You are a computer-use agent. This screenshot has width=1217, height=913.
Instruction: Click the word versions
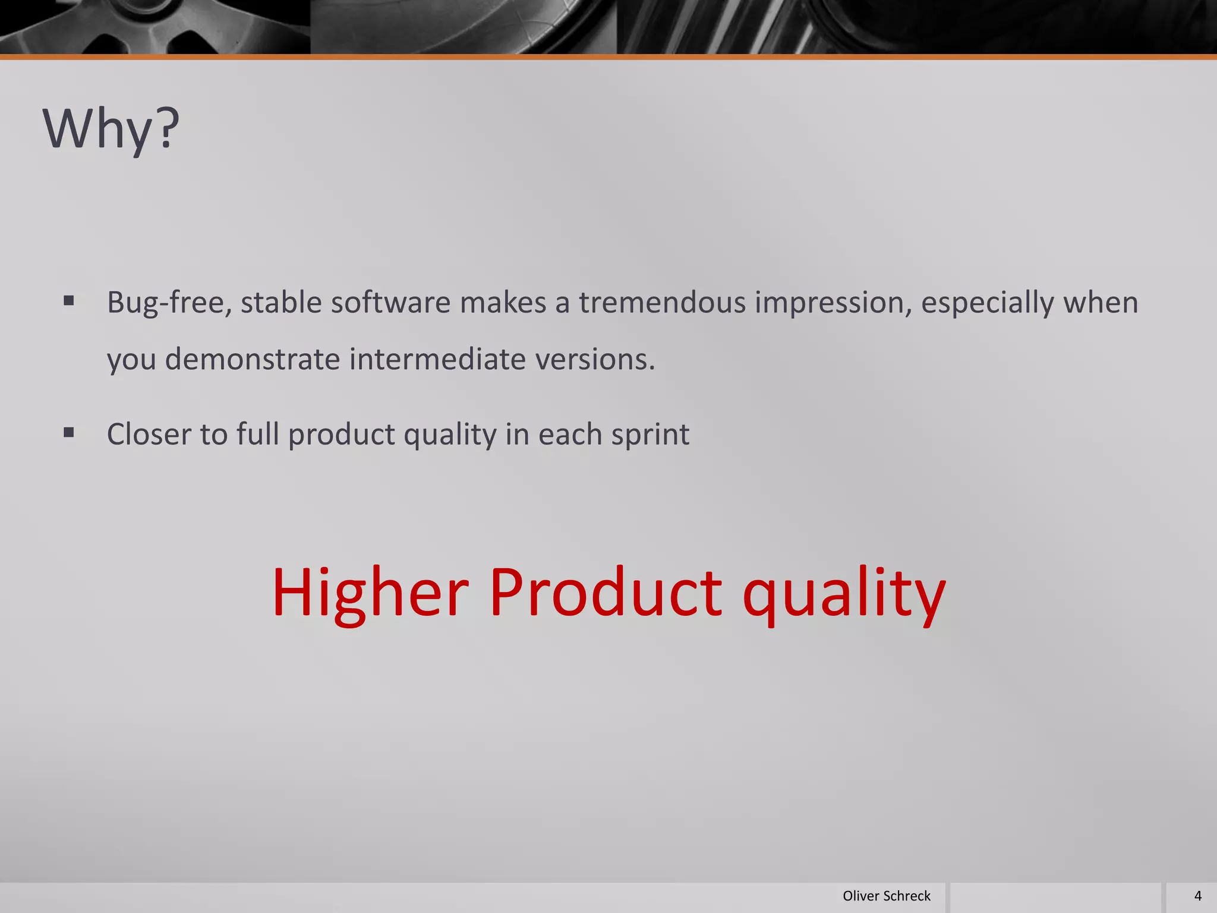coord(595,360)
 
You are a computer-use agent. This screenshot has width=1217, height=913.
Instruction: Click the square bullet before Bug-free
coord(69,301)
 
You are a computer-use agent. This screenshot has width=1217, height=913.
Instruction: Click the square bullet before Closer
coord(69,433)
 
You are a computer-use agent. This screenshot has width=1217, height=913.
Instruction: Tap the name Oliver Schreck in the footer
coord(886,896)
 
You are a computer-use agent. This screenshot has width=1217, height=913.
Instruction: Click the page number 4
coord(1197,896)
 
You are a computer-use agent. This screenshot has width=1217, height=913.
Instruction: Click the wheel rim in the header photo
coord(149,27)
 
